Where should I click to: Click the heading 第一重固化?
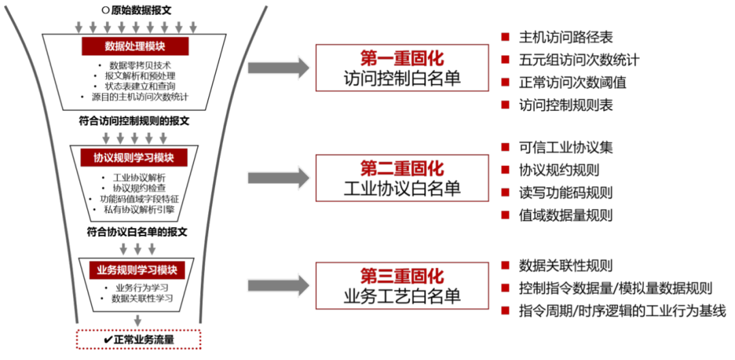402,57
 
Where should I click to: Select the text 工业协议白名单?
402,189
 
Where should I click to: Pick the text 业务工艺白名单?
402,297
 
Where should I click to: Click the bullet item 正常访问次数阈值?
572,82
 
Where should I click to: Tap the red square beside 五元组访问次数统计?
505,60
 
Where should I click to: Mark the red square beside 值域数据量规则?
505,215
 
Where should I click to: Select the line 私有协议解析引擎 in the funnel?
139,210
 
